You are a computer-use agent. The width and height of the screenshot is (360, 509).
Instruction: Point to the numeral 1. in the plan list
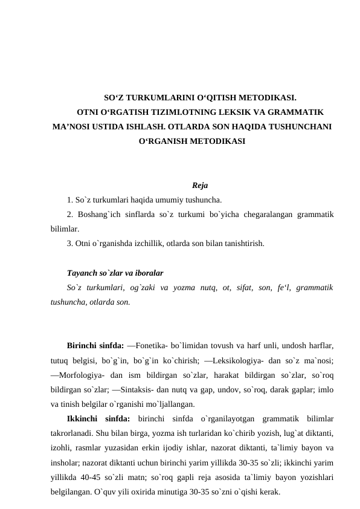point(71,199)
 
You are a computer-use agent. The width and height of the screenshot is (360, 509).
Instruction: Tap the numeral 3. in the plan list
point(71,244)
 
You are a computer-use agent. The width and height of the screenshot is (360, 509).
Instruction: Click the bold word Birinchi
point(83,346)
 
